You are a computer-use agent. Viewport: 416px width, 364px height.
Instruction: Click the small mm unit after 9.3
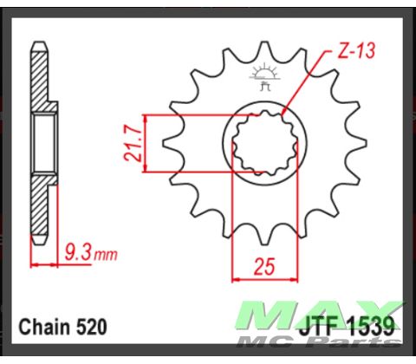[106, 257]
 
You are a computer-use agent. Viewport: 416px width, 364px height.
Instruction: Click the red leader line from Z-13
[305, 86]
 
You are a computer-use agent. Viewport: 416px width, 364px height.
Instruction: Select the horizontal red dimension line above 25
[263, 280]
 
